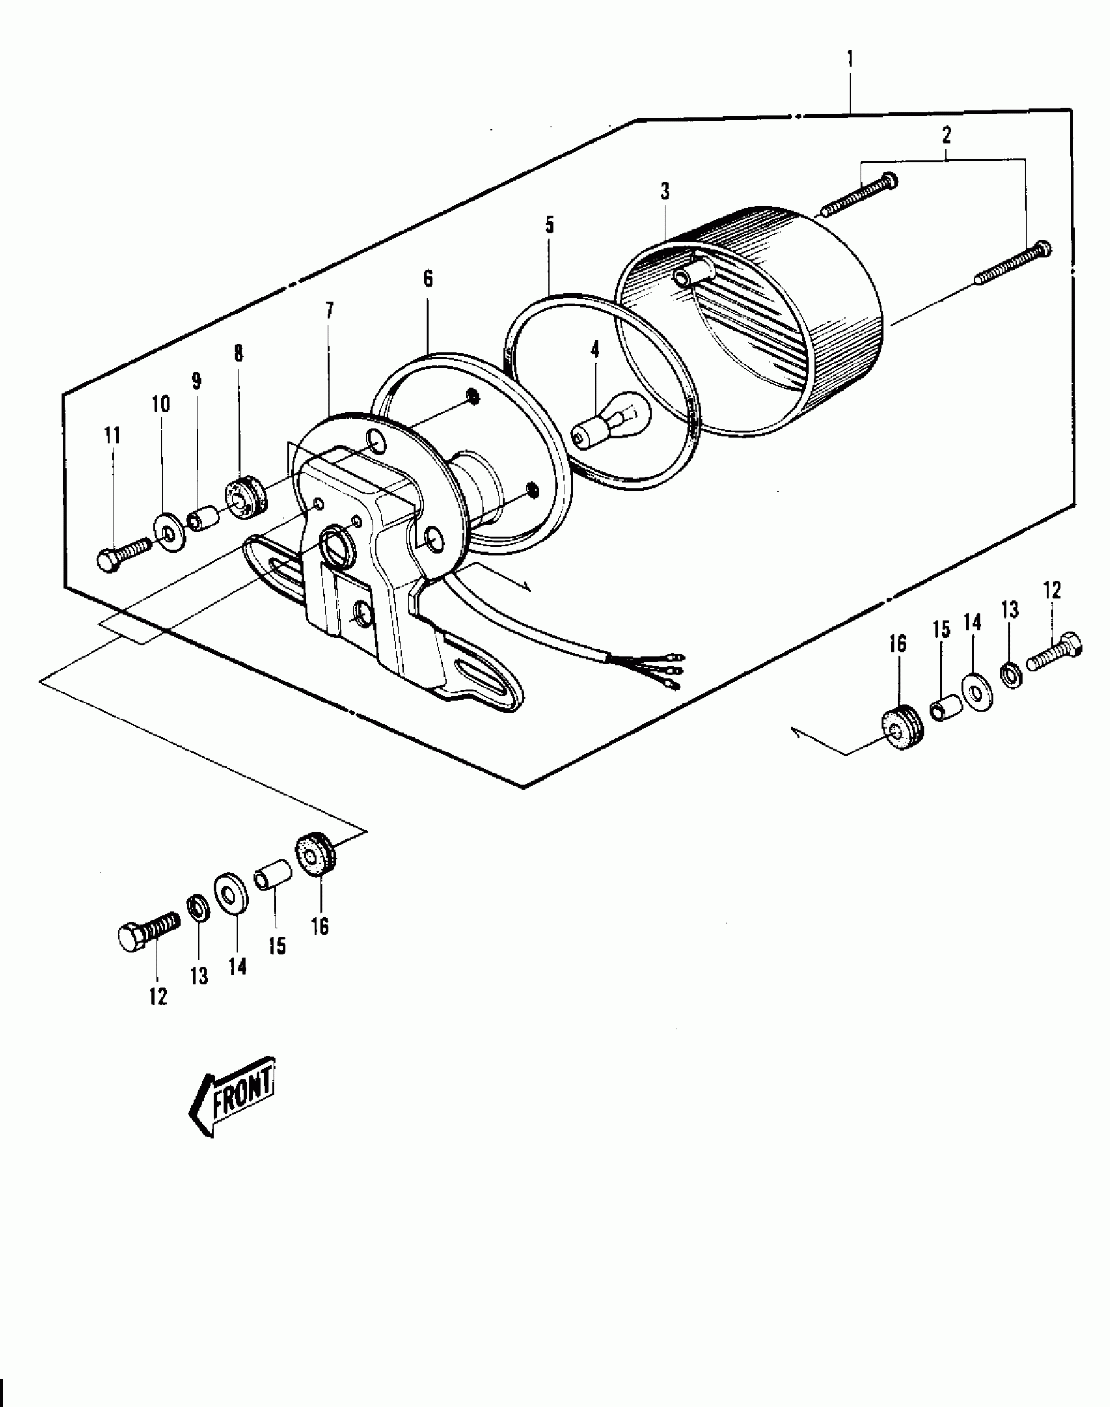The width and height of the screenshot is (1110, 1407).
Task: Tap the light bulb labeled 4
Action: (610, 423)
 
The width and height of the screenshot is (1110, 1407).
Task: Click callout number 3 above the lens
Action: (665, 192)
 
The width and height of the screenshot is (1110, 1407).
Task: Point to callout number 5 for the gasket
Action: (549, 226)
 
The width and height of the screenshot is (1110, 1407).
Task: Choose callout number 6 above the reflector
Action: (428, 279)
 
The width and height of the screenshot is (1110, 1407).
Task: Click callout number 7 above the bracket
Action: (329, 311)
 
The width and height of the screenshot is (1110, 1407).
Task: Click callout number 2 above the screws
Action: (946, 135)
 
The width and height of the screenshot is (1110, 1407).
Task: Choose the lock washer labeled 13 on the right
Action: (1011, 673)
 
